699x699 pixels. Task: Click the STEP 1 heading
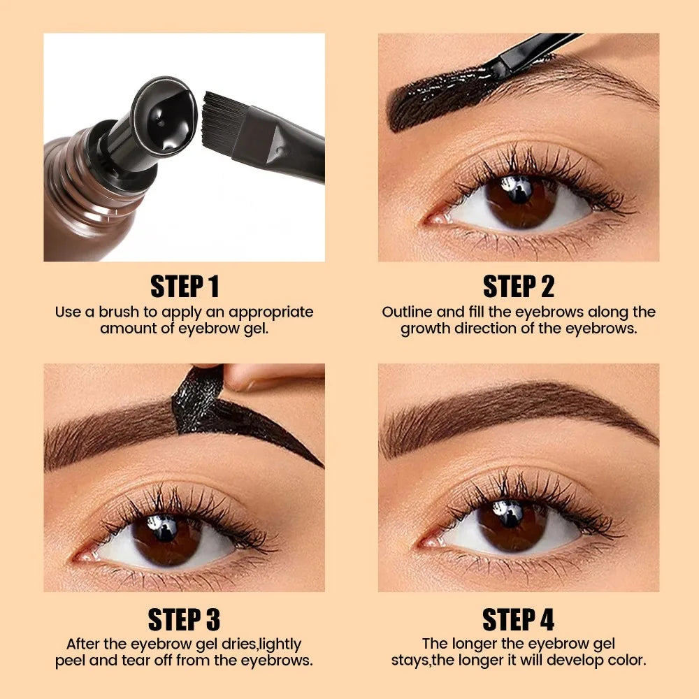pos(185,286)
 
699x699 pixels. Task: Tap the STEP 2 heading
pos(518,286)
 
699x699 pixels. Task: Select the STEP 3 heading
pos(184,619)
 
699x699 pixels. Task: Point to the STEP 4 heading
pos(518,619)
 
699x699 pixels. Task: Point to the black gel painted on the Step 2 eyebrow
pos(440,98)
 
